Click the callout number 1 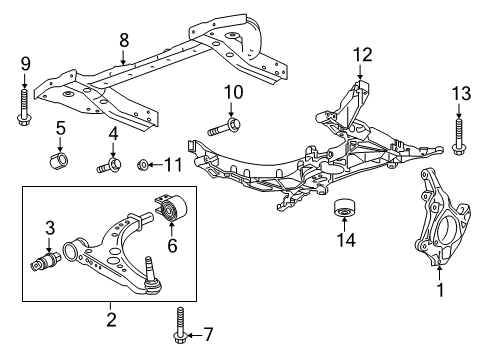(x=438, y=319)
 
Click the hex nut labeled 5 (x=59, y=161)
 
